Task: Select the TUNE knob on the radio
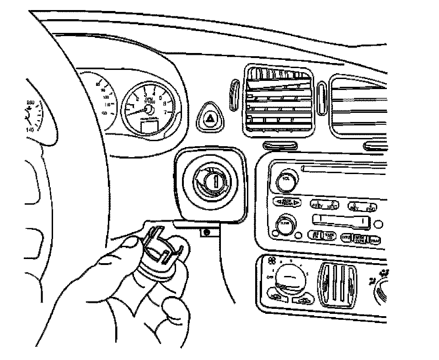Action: click(x=285, y=224)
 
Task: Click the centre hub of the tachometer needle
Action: click(x=148, y=108)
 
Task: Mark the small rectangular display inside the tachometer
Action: click(x=148, y=126)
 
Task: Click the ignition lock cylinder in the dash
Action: click(x=210, y=181)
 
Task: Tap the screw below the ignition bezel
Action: click(x=207, y=232)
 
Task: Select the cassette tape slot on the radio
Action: click(x=341, y=221)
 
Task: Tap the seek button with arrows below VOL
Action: click(x=287, y=202)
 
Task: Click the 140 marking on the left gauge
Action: click(x=31, y=130)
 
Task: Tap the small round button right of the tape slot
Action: click(x=377, y=224)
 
